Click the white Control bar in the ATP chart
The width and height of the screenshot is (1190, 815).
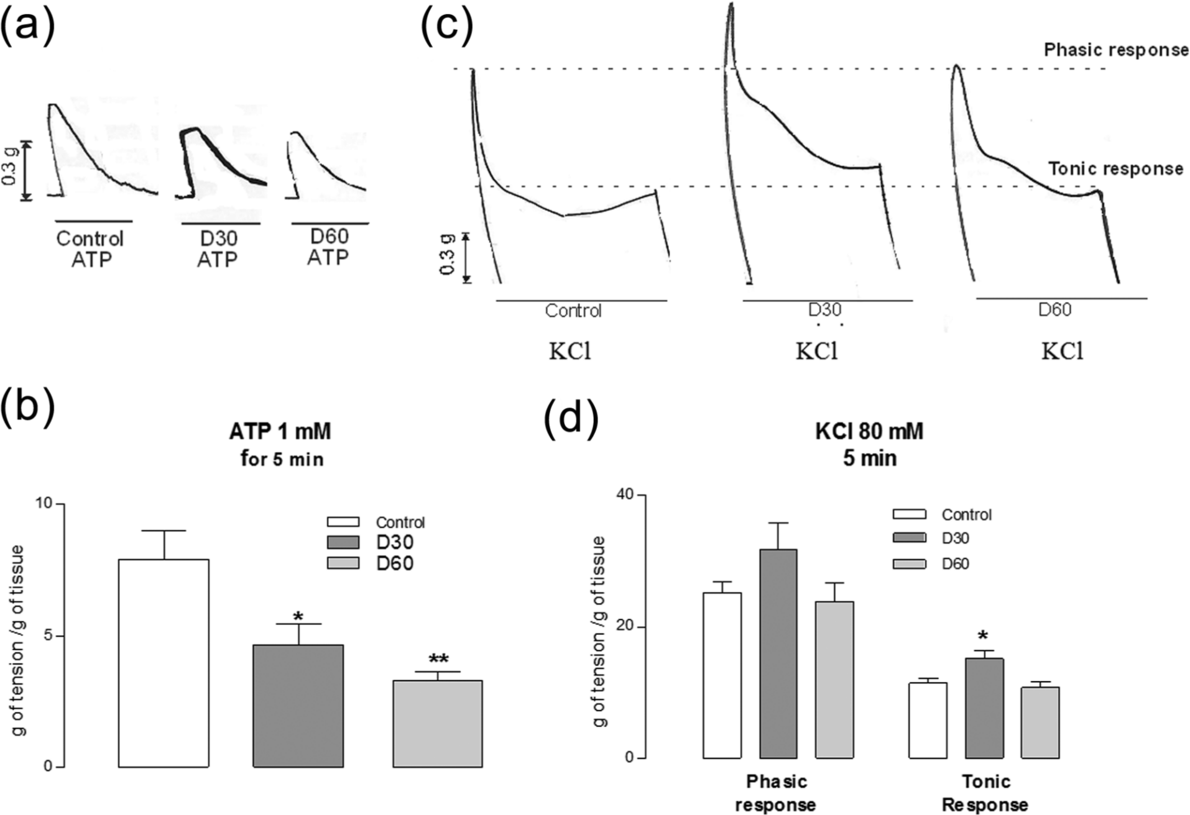[164, 663]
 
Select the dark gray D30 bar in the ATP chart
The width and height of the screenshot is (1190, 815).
[298, 706]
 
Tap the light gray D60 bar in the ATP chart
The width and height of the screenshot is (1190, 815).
[438, 724]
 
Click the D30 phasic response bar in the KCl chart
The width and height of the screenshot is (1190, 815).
[778, 653]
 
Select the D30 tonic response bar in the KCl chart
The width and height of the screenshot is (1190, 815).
[984, 708]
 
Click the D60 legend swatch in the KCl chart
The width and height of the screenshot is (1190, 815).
[909, 564]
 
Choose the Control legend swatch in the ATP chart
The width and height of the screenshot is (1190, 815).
[343, 522]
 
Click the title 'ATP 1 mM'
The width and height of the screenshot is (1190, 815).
[280, 430]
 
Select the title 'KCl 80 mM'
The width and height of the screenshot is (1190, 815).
[869, 431]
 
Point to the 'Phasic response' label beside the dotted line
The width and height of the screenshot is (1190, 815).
[1116, 50]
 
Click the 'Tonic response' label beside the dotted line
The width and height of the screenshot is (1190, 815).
[1116, 168]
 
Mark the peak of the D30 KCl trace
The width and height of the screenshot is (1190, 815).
[731, 4]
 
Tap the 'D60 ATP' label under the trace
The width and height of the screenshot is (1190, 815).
[328, 247]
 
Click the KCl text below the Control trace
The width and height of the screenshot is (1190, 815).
[570, 352]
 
